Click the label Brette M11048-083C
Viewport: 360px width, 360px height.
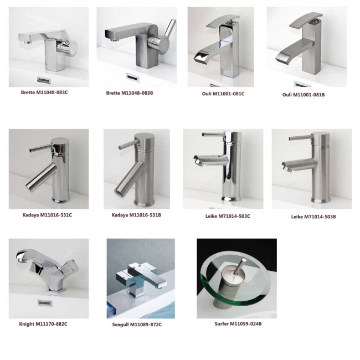point(44,92)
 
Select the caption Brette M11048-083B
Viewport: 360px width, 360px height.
point(130,92)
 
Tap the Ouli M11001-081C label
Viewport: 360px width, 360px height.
point(223,94)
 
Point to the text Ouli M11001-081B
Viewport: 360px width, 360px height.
point(304,95)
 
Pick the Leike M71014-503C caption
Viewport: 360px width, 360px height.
point(224,215)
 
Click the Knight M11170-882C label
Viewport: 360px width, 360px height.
point(43,323)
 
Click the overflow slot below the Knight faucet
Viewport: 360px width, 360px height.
point(43,302)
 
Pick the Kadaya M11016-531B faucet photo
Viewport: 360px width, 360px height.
point(136,169)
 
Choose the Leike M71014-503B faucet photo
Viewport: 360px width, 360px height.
point(311,169)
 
